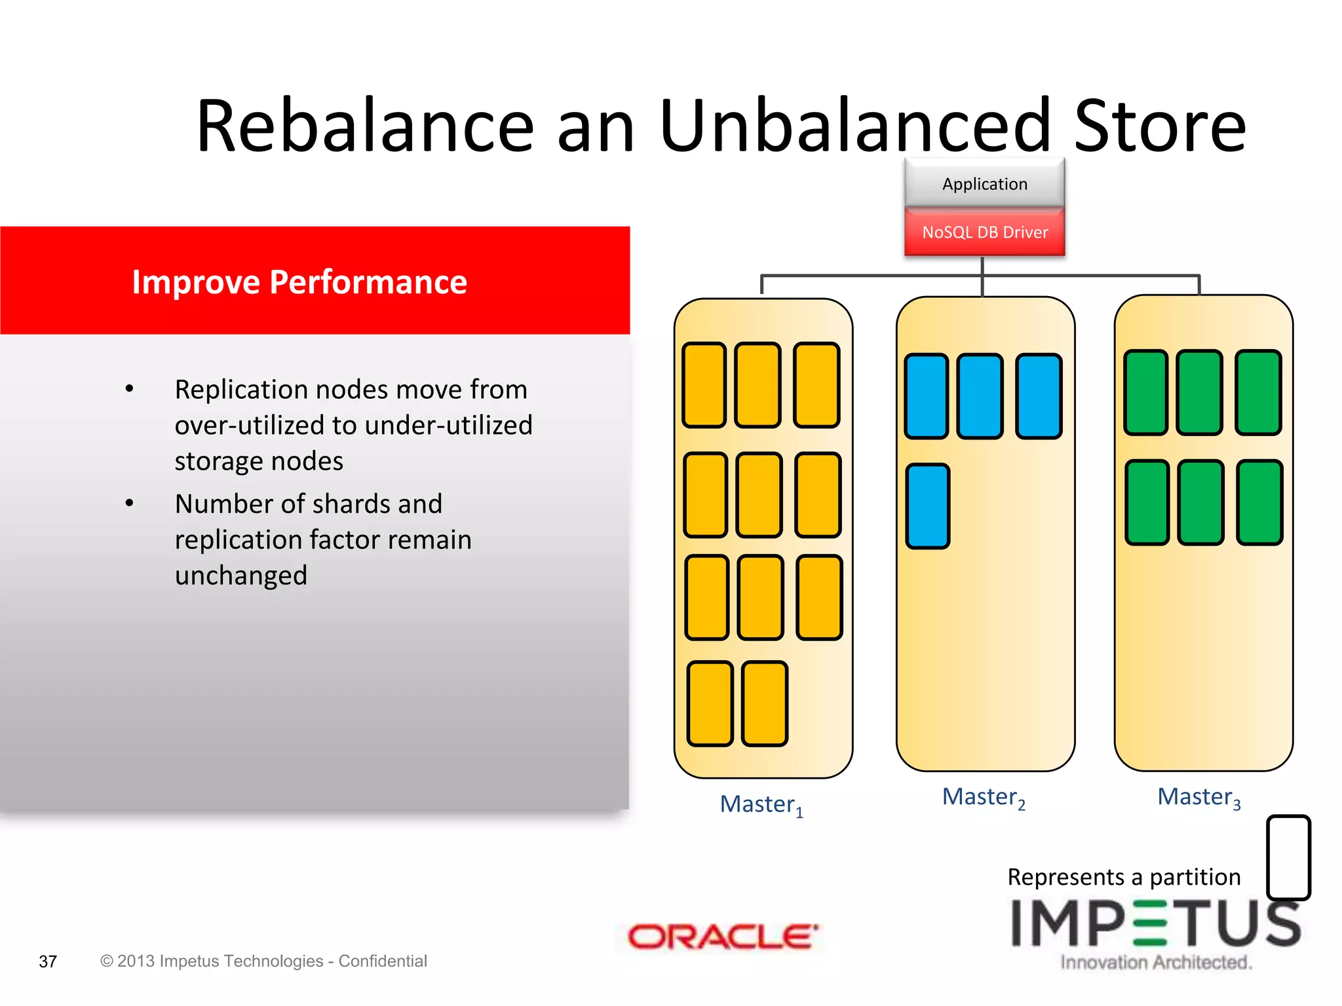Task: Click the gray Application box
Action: [984, 184]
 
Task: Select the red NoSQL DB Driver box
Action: [984, 233]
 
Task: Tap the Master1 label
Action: [761, 804]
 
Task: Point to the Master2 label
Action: [983, 797]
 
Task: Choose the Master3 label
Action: [1198, 797]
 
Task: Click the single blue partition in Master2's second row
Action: [927, 506]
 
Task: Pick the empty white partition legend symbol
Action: [1288, 857]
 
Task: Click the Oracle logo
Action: [723, 937]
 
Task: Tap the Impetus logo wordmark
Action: [1155, 923]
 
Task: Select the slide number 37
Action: [48, 961]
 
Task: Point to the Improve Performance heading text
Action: [299, 282]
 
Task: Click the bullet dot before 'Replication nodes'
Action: [130, 389]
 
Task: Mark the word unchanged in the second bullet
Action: [240, 576]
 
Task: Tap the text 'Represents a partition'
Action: [1123, 877]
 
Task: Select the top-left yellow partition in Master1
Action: [704, 385]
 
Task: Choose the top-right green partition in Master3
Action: [1257, 392]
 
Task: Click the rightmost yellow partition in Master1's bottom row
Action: [764, 703]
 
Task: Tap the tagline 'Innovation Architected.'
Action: [1156, 962]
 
